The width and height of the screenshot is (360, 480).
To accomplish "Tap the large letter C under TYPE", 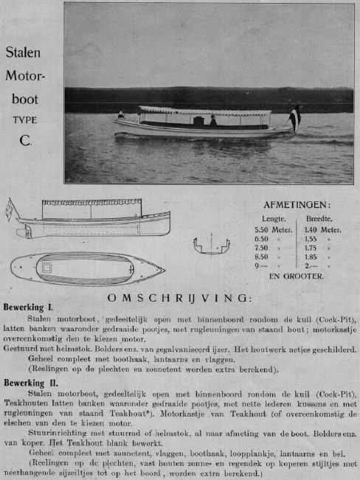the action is click(26, 137).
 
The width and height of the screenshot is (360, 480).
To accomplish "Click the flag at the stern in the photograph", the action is click(296, 117).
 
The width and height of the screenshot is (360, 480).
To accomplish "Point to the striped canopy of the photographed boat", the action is click(205, 111).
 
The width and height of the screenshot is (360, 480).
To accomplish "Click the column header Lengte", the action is click(273, 219).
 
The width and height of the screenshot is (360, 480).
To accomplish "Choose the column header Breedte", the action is click(319, 219).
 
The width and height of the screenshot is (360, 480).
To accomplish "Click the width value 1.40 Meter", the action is click(322, 229).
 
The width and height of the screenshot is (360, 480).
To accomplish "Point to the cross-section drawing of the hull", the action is click(212, 246).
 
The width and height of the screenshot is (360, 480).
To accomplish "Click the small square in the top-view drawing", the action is click(47, 268).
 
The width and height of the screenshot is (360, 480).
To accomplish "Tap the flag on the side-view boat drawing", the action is click(9, 209).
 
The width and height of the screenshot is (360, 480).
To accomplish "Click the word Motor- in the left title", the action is click(26, 76).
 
